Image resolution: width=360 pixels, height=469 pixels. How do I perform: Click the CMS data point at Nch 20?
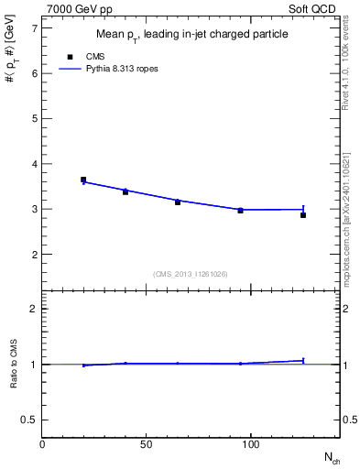coord(83,180)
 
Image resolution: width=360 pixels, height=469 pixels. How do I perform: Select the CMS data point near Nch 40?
coord(125,191)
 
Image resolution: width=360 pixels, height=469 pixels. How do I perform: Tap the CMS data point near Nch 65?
coord(178,202)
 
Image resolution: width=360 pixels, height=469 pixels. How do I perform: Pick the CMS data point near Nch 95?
coord(240,211)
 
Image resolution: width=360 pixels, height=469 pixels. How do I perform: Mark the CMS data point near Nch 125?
coord(303,215)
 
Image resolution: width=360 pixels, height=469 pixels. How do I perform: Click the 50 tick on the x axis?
coord(147,444)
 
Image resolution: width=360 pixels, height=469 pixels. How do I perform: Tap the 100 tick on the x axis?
coord(250,444)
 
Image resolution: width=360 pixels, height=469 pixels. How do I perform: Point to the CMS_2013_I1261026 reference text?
coord(191,274)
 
